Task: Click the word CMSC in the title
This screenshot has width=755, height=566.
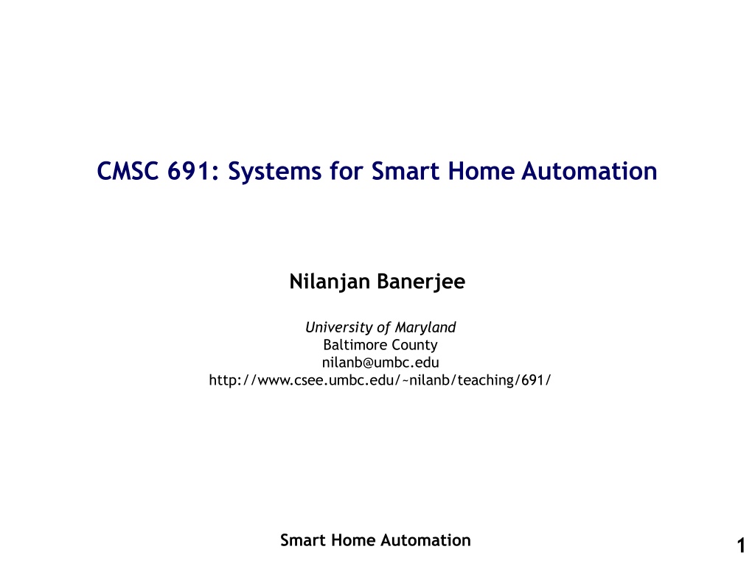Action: coord(128,171)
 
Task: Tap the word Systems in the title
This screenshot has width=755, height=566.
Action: coord(274,172)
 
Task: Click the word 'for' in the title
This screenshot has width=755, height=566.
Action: coord(347,171)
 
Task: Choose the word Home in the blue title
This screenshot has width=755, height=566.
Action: coord(481,171)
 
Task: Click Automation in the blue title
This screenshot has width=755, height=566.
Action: coord(589,171)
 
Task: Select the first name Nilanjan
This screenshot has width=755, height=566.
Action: coord(330,282)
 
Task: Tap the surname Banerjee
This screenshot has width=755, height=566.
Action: coord(421,282)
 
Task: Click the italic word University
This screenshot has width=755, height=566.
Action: coord(339,328)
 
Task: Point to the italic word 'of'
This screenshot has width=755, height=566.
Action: coord(384,327)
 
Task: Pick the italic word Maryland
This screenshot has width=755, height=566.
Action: coord(425,328)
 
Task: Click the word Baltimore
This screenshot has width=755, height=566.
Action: coord(356,345)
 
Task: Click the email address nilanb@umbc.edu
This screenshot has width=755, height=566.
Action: coord(380,363)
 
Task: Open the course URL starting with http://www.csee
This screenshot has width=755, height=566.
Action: coord(380,380)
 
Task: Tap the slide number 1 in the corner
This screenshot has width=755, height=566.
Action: coord(741,546)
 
